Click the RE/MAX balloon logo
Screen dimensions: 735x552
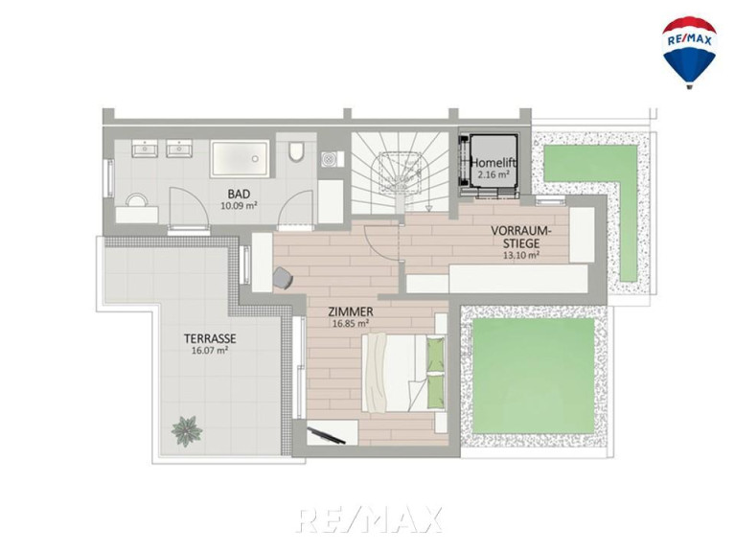click(x=689, y=53)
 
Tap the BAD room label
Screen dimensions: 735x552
click(x=239, y=194)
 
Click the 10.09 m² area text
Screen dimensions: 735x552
click(x=239, y=205)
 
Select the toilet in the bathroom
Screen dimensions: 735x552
click(x=296, y=150)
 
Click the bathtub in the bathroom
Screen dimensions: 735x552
click(x=241, y=158)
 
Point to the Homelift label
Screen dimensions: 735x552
click(x=494, y=163)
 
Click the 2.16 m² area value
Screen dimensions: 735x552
click(x=494, y=174)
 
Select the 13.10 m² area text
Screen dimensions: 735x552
click(x=521, y=255)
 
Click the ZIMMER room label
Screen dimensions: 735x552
click(x=351, y=311)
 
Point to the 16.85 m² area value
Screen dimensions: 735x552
click(x=351, y=323)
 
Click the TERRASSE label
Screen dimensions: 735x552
click(x=210, y=338)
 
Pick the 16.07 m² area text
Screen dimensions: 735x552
click(x=210, y=350)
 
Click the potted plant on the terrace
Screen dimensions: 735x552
click(x=187, y=430)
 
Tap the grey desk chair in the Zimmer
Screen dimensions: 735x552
click(x=282, y=277)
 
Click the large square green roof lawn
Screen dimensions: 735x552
click(x=534, y=376)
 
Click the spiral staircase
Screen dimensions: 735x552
click(x=399, y=172)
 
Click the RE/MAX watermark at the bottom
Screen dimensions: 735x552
click(x=370, y=519)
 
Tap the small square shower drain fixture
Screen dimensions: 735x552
click(x=328, y=159)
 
